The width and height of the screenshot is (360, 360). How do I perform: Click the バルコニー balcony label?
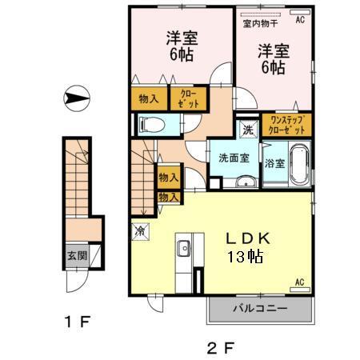258,308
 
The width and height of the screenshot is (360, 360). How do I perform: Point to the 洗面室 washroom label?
233,157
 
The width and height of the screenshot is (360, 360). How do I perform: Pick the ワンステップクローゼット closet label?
285,125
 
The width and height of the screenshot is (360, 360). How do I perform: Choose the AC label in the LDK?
299,282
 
